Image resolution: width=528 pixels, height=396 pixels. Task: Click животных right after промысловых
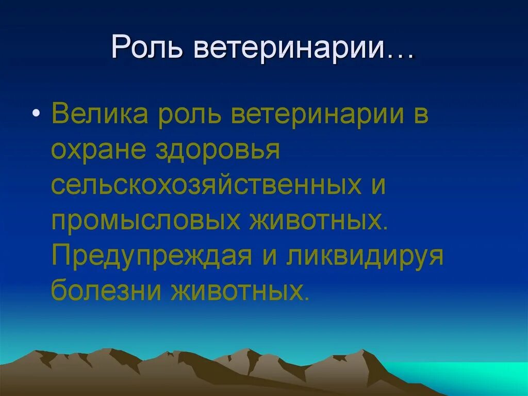[x=317, y=221]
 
